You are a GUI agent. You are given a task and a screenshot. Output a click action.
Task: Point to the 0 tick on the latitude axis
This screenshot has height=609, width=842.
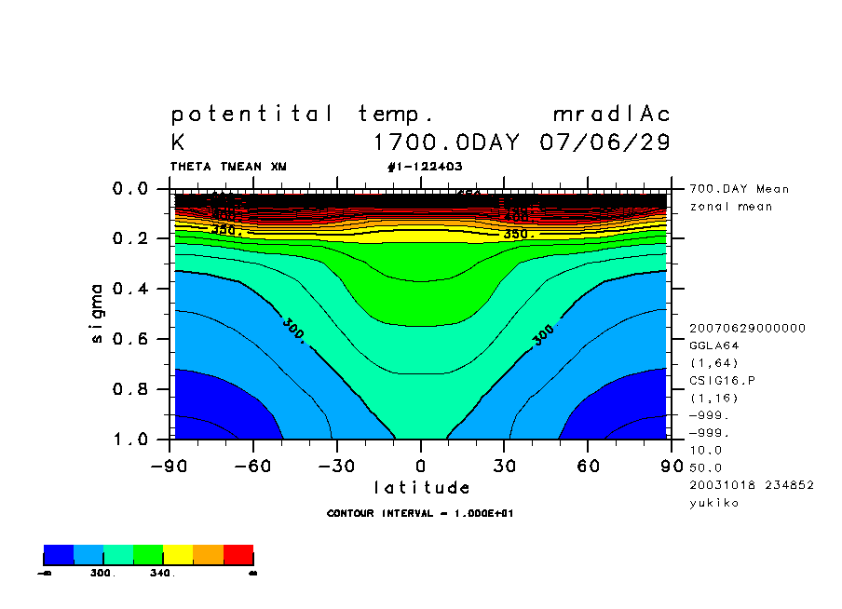pyautogui.click(x=421, y=466)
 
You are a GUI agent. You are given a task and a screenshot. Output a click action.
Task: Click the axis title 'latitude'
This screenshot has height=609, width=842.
pyautogui.click(x=421, y=488)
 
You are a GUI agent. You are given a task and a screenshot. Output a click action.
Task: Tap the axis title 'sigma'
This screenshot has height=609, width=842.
pyautogui.click(x=98, y=313)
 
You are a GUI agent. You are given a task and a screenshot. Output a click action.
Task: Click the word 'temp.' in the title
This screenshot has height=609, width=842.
pyautogui.click(x=397, y=115)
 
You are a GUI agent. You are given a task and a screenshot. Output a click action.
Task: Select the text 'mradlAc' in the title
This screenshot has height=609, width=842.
pyautogui.click(x=611, y=115)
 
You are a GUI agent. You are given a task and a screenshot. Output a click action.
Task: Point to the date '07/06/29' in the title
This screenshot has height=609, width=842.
pyautogui.click(x=604, y=143)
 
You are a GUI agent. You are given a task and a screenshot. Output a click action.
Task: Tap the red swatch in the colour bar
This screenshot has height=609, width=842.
pyautogui.click(x=238, y=555)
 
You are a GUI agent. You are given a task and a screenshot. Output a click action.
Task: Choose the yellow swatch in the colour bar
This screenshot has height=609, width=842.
pyautogui.click(x=178, y=555)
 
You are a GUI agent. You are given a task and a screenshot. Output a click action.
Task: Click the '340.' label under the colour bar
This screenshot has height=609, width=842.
pyautogui.click(x=162, y=574)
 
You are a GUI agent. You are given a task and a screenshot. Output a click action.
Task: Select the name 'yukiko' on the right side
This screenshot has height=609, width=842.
pyautogui.click(x=713, y=503)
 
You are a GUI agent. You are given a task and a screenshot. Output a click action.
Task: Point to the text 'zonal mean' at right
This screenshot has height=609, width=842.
pyautogui.click(x=726, y=206)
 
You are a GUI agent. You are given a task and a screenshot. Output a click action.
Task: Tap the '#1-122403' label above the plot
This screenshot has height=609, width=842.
pyautogui.click(x=425, y=167)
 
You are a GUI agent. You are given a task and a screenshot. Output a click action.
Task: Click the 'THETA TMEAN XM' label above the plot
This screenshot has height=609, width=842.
pyautogui.click(x=228, y=167)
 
